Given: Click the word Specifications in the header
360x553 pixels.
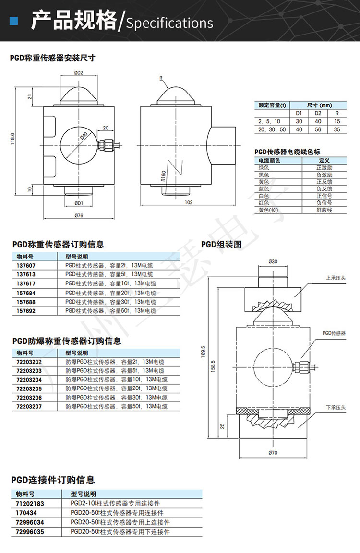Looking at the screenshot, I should coord(169,23).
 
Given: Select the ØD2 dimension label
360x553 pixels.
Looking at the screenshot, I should coord(79,73).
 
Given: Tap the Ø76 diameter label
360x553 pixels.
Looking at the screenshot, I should coord(79,216).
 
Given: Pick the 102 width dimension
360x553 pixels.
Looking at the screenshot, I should coord(189,202).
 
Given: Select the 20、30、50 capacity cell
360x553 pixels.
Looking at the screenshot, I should coord(272,129).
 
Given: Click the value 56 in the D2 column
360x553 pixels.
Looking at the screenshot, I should coord(317,129).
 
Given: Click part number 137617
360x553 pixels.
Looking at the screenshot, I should coord(26,283).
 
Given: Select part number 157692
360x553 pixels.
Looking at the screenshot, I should coord(26,311).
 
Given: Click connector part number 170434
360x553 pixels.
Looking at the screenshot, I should coord(25,513).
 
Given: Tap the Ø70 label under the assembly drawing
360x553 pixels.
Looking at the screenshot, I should coord(273,452).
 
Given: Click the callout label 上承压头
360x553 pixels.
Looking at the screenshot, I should coord(334,278).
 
